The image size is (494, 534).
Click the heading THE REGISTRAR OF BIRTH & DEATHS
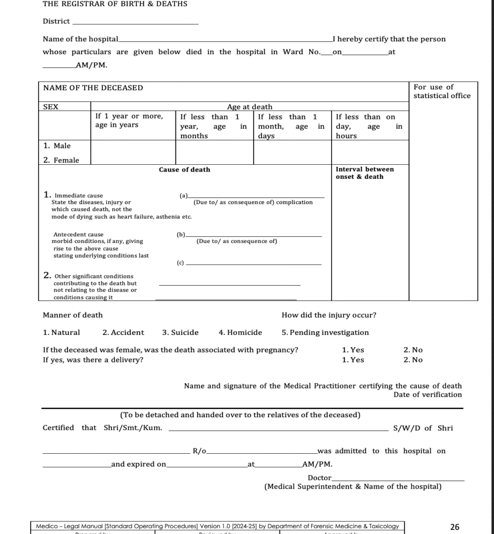coord(115,4)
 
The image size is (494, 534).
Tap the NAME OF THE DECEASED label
coord(93,88)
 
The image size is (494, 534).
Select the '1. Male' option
coord(57,146)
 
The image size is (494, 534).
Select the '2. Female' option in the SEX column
coord(61,161)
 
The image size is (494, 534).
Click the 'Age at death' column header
coord(249,107)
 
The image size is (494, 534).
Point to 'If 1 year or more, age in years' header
coord(128,120)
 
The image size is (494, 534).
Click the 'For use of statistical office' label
coord(441,91)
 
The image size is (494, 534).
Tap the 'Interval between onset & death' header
coord(364,173)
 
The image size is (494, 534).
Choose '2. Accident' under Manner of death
coord(123,333)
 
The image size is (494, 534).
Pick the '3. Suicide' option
coord(180,333)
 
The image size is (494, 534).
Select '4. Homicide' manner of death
coord(240,333)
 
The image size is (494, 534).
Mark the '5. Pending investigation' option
coord(325,333)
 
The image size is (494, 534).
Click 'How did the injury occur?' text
coord(328,315)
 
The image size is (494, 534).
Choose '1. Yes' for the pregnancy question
coord(353,350)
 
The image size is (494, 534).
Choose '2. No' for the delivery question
coord(413,360)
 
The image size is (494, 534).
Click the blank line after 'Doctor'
coord(398,480)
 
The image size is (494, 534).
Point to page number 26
coord(454,527)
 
